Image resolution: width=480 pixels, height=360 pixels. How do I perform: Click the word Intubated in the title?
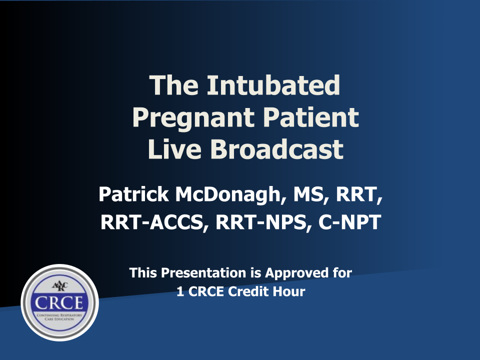273,85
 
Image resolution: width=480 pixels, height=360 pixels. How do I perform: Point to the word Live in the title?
174,149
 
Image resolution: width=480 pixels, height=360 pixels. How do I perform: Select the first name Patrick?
133,194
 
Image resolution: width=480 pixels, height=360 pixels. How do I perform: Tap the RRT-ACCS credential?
152,222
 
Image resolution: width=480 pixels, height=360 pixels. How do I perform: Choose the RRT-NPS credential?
261,222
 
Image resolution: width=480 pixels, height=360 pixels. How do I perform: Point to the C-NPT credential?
349,222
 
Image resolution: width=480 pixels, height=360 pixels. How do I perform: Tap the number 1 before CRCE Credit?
180,291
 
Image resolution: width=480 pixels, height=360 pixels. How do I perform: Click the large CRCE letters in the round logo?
59,303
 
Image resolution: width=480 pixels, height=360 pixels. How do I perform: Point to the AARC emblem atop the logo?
59,286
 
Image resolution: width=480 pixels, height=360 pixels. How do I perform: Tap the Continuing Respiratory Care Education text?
59,317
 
